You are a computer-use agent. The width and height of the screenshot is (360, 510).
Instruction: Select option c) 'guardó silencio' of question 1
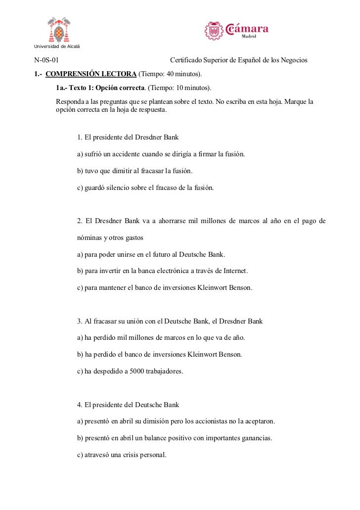pos(145,188)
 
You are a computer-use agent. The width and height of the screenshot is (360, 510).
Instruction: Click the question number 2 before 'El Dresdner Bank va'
pos(80,221)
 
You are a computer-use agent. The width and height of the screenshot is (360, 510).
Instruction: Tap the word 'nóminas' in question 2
pos(90,238)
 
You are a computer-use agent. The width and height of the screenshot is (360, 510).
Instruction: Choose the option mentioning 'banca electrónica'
pos(163,272)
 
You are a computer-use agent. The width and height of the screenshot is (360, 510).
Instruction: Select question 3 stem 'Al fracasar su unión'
pos(170,322)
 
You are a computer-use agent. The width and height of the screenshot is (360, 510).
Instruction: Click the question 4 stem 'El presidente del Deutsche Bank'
pos(128,405)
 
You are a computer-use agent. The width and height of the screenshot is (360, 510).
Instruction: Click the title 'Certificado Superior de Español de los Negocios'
pos(238,60)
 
